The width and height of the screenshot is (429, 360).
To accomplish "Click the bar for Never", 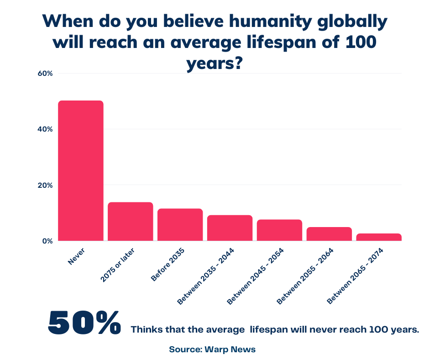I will coord(81,170).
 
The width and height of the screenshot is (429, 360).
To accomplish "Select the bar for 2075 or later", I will coord(131,222).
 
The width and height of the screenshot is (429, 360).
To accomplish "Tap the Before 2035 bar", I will coord(180,225).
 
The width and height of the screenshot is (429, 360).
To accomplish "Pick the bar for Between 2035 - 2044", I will coord(230,228).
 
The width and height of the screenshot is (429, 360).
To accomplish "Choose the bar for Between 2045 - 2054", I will coord(279,230).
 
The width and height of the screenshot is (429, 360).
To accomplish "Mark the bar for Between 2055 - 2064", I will coord(329,234).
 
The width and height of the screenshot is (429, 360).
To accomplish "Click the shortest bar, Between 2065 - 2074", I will coord(379,237).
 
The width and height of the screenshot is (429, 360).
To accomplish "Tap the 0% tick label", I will coord(48,241).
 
